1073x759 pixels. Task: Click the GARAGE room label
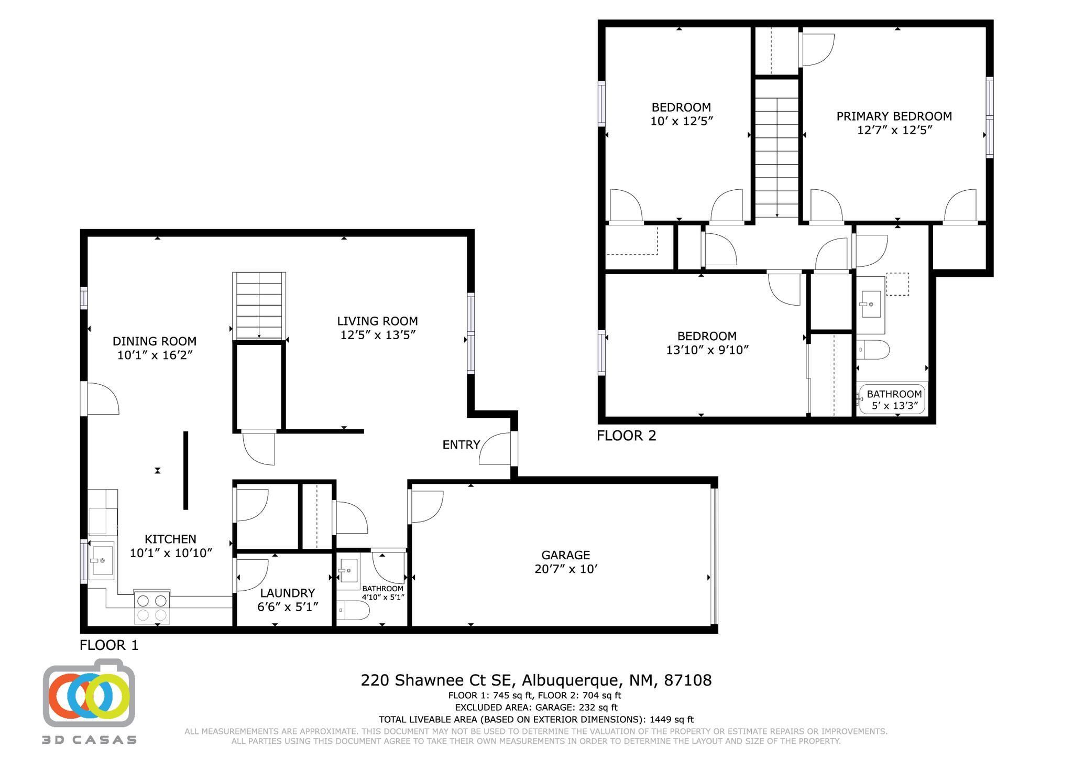pyautogui.click(x=565, y=555)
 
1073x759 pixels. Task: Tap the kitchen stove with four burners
pyautogui.click(x=152, y=607)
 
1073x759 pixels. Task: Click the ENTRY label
pyautogui.click(x=461, y=445)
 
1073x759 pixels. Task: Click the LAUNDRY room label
pyautogui.click(x=287, y=593)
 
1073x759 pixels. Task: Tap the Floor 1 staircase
pyautogui.click(x=259, y=305)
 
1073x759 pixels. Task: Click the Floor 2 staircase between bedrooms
pyautogui.click(x=776, y=157)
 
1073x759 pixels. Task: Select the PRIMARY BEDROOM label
pyautogui.click(x=894, y=116)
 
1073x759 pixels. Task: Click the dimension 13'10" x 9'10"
pyautogui.click(x=707, y=350)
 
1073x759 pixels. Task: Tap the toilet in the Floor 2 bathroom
pyautogui.click(x=873, y=350)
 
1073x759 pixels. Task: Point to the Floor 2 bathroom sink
pyautogui.click(x=871, y=305)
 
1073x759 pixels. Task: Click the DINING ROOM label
pyautogui.click(x=155, y=341)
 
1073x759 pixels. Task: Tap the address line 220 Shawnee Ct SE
pyautogui.click(x=535, y=680)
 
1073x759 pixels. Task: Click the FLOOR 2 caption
pyautogui.click(x=626, y=436)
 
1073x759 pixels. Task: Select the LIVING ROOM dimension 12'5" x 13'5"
pyautogui.click(x=377, y=335)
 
